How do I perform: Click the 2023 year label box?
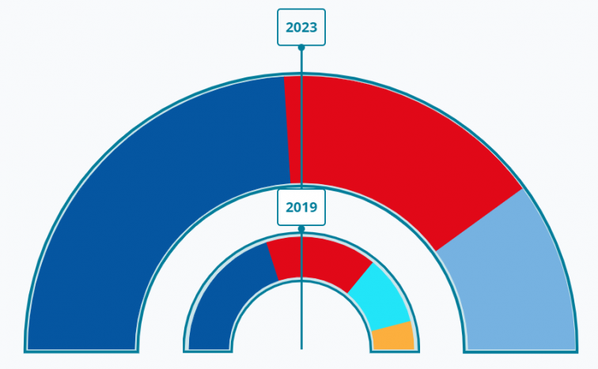point(301,28)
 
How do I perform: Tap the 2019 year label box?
point(301,208)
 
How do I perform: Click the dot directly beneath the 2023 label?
point(301,47)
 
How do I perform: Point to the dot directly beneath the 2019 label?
point(301,228)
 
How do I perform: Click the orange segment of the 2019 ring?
point(393,337)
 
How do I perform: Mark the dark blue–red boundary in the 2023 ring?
point(288,130)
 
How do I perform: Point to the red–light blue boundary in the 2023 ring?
point(479,220)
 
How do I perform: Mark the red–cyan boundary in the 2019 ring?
point(360,277)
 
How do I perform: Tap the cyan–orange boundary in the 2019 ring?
point(392,326)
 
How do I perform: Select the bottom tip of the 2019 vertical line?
point(301,347)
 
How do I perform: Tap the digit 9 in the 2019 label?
point(312,208)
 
